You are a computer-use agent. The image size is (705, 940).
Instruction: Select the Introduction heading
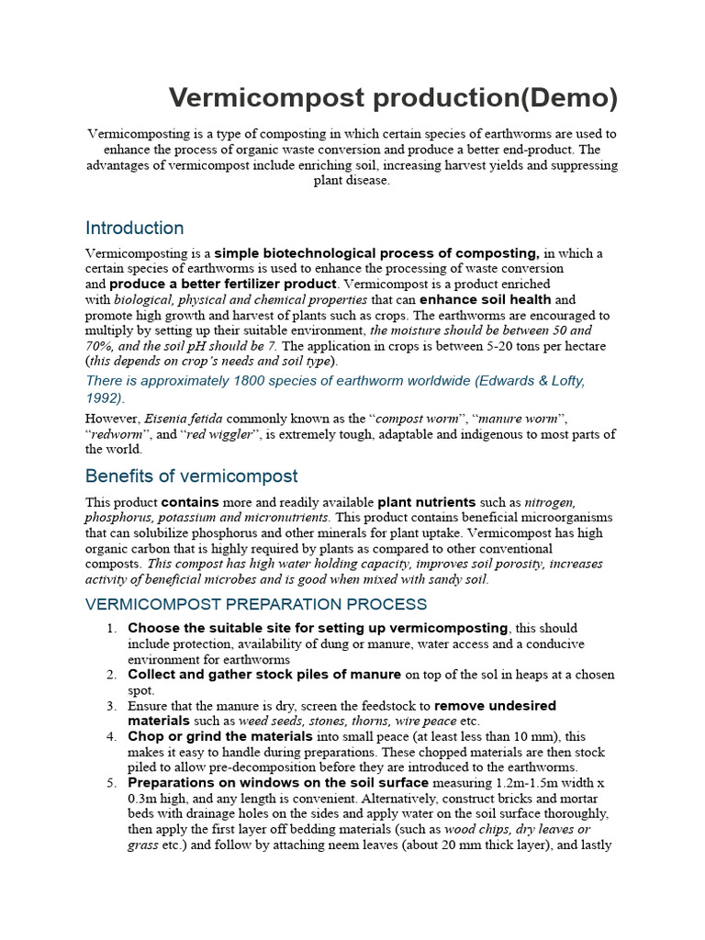[x=134, y=228]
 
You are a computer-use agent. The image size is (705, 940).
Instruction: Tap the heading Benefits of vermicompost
[x=191, y=476]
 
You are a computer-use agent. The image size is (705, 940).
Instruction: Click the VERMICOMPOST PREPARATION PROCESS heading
[x=255, y=604]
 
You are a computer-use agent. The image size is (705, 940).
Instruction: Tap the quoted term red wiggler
[x=221, y=434]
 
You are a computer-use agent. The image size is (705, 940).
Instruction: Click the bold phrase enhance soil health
[x=486, y=299]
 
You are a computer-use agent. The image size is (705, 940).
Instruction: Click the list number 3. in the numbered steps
[x=111, y=706]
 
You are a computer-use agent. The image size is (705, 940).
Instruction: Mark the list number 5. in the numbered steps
[x=111, y=783]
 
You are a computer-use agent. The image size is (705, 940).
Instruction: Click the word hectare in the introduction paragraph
[x=585, y=346]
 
